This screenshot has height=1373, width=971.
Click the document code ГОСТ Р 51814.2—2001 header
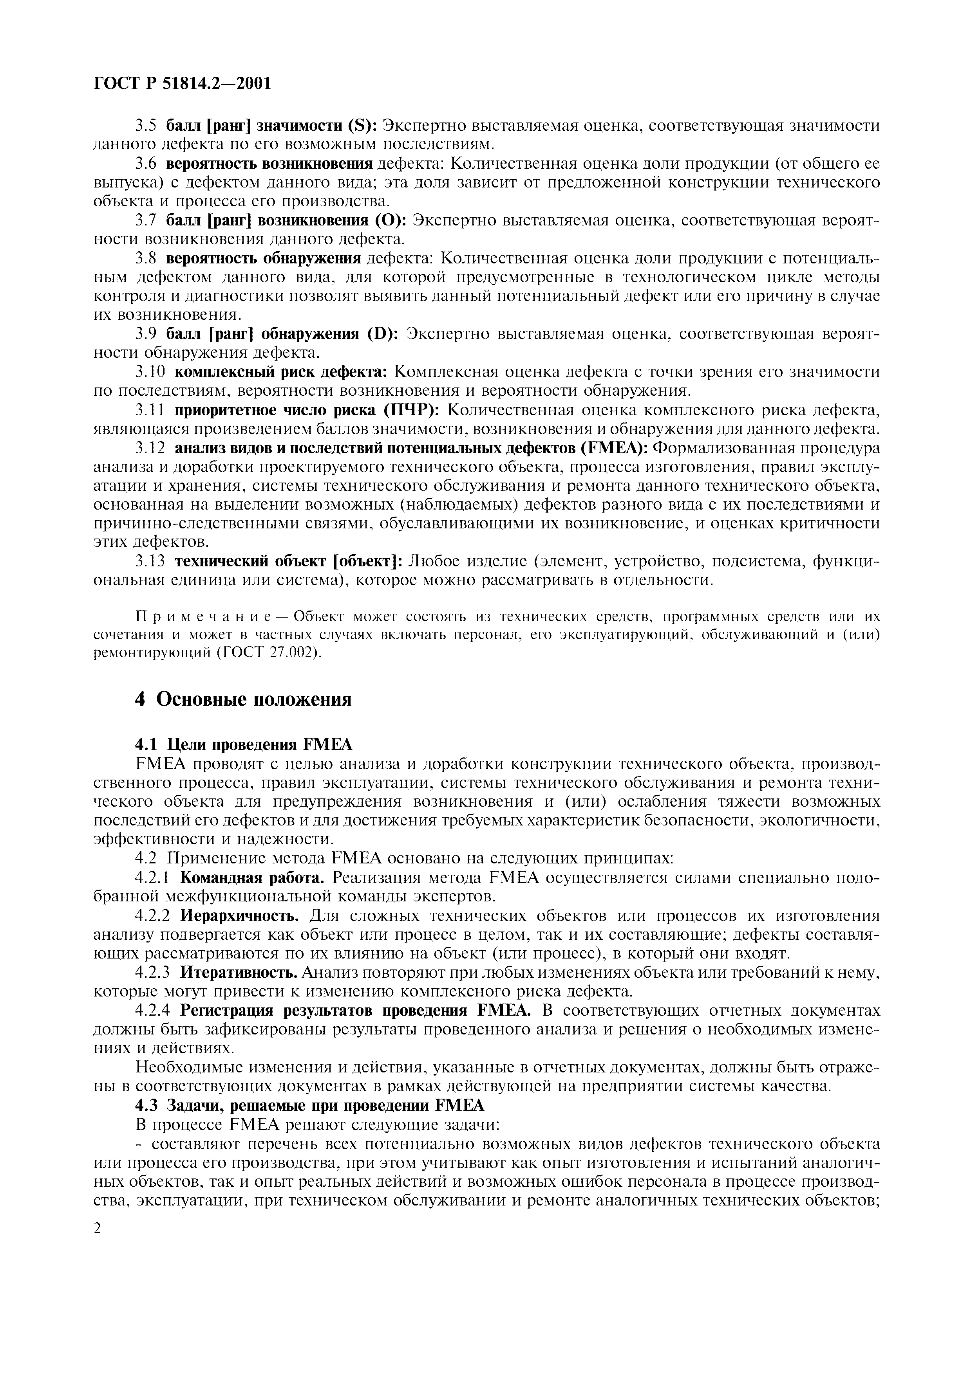pos(183,83)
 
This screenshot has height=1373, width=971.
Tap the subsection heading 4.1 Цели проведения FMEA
pos(244,744)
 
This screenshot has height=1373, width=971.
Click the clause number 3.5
pos(145,126)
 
